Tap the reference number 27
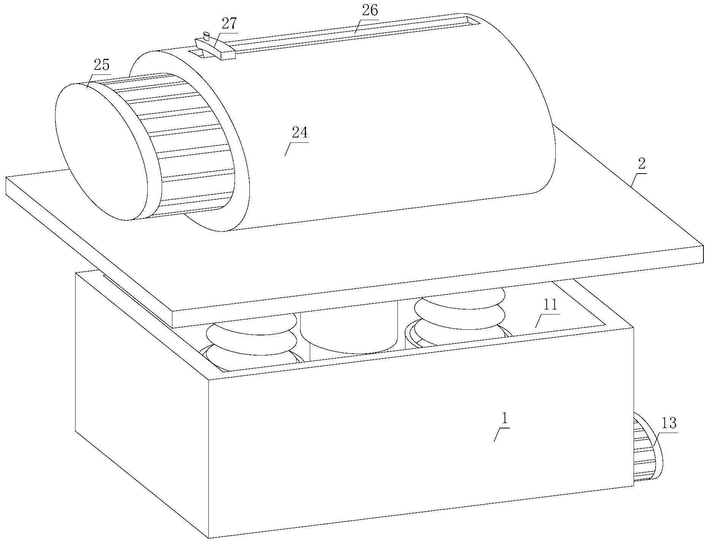(229, 24)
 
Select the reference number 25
(101, 65)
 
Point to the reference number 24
(300, 133)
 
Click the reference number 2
(641, 164)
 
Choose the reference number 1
(504, 419)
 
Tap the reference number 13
(669, 423)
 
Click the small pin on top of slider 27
(207, 36)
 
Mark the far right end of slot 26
(471, 21)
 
